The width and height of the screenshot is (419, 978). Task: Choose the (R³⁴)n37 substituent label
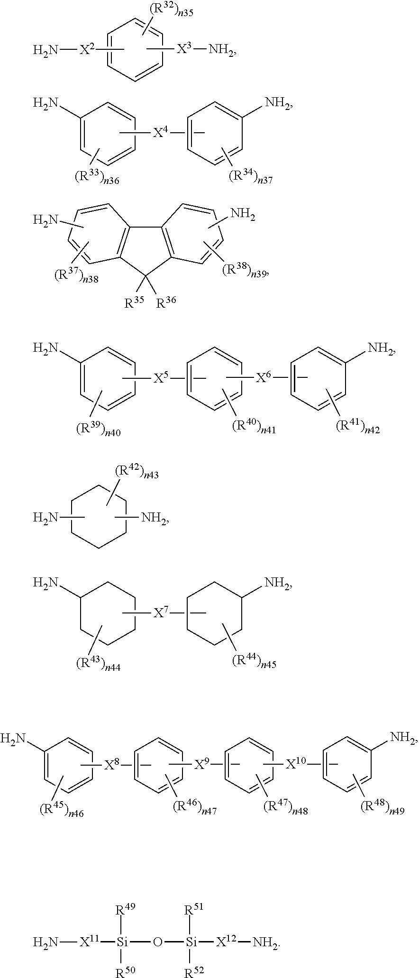251,178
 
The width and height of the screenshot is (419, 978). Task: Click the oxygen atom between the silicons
157,942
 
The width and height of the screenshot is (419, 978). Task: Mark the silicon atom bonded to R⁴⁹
122,942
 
